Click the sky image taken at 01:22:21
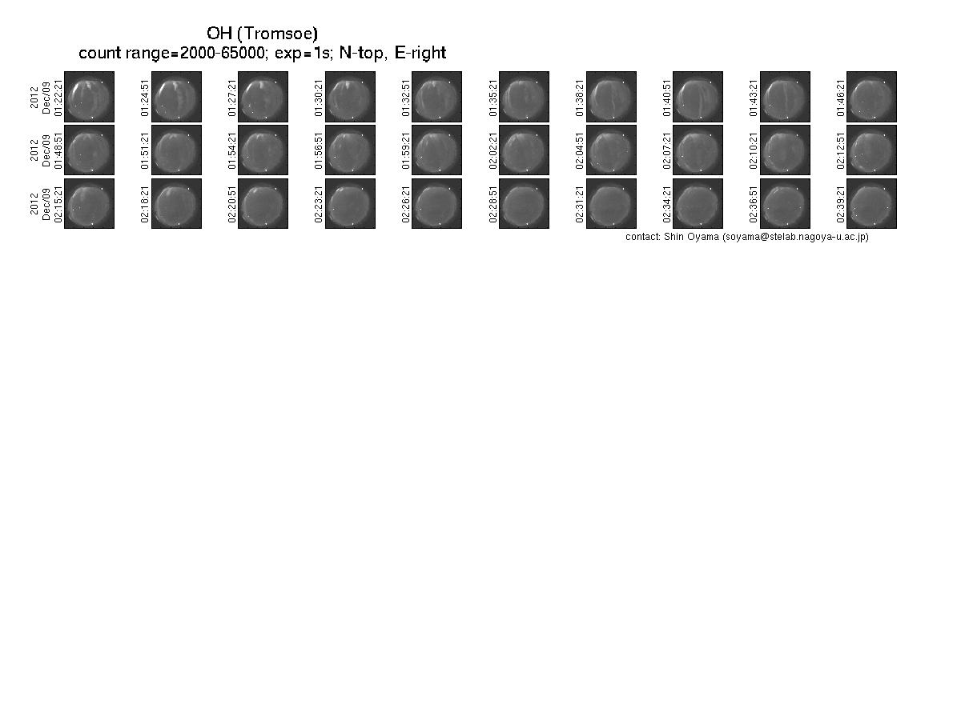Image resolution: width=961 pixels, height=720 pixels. [90, 97]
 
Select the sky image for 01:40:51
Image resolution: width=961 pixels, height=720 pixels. [698, 97]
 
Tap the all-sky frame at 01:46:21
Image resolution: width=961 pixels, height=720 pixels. [871, 97]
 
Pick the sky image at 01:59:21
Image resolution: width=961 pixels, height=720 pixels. [436, 150]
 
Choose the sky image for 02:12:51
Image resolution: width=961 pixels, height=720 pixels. [871, 150]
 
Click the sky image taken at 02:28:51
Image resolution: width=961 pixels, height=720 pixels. [524, 203]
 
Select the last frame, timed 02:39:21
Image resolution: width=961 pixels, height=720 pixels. [871, 203]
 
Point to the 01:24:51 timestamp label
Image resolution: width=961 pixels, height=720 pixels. [145, 98]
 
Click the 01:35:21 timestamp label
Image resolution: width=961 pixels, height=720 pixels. [493, 98]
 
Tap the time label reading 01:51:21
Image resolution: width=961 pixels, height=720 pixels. [145, 151]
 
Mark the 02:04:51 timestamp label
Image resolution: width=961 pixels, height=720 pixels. [580, 151]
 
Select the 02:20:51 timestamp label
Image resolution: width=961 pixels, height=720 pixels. [232, 205]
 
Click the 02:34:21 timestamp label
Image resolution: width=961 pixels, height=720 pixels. [667, 205]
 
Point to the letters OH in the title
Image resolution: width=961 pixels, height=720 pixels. [219, 34]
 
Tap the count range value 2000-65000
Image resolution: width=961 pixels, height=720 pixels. [222, 53]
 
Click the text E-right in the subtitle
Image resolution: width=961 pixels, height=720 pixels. [420, 53]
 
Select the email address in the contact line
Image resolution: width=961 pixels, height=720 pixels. [795, 237]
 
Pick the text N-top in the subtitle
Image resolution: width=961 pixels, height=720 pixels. [363, 53]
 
